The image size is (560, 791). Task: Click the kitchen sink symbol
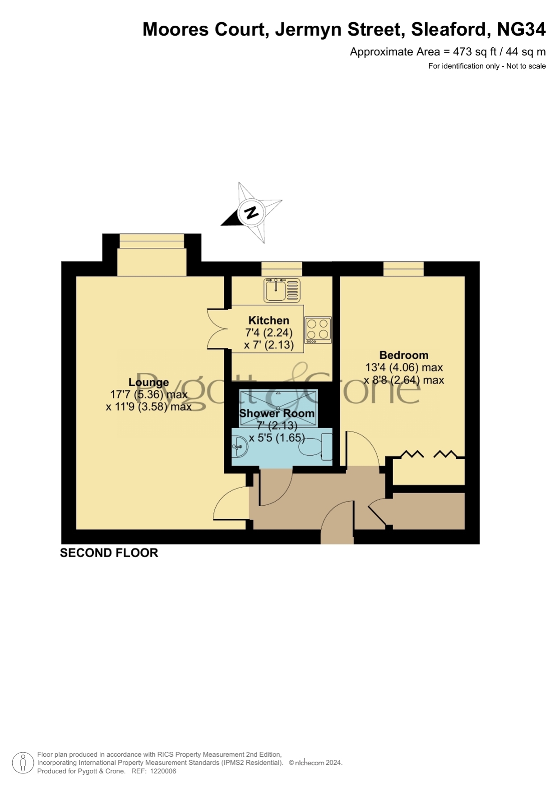[282, 290]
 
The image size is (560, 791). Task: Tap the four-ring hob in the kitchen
[318, 329]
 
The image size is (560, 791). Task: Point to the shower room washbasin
[240, 446]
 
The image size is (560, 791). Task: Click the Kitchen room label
[269, 320]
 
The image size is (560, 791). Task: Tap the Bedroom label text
[404, 355]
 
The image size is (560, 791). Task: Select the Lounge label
[148, 383]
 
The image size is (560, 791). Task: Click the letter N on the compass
[251, 212]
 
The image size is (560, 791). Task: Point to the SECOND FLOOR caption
[109, 553]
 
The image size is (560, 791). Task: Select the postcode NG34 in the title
[521, 29]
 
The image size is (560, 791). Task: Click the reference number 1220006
[163, 771]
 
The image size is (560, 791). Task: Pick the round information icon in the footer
[23, 763]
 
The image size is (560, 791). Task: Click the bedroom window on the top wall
[403, 269]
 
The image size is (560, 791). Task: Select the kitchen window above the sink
[282, 269]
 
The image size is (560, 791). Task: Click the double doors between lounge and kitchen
[219, 329]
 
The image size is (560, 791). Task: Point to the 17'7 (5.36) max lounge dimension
[149, 395]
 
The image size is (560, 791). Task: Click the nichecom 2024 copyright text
[316, 763]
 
